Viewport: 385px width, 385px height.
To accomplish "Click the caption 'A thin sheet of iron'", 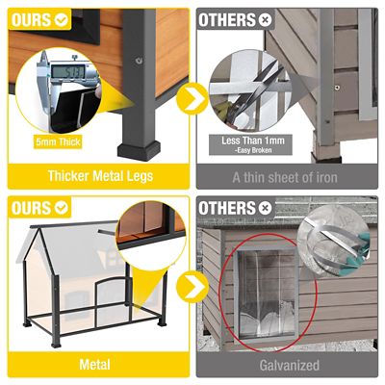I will click(288, 176).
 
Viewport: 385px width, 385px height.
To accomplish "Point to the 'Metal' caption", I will click(95, 366).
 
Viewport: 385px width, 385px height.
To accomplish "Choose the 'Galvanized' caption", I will click(288, 366).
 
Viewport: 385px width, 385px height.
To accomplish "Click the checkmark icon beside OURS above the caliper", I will click(61, 18).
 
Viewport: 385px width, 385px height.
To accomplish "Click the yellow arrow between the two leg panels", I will click(192, 97).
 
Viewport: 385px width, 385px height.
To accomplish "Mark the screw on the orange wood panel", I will click(141, 61).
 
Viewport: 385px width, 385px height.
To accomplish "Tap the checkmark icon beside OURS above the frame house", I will click(61, 207).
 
